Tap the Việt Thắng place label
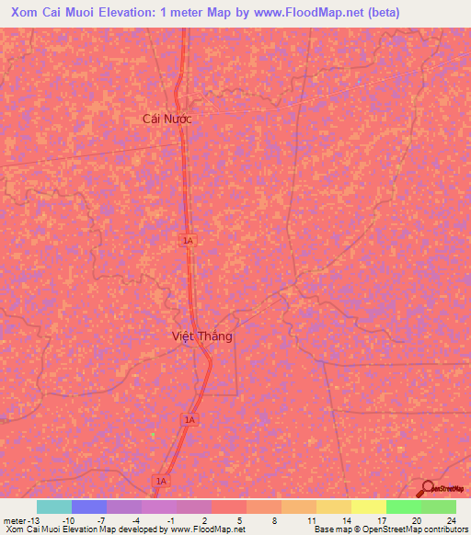pos(202,336)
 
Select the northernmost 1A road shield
pos(188,240)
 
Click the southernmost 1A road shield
pos(162,480)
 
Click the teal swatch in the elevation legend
pos(53,507)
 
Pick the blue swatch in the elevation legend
pos(88,507)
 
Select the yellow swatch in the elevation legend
pos(368,507)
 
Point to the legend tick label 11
pos(311,519)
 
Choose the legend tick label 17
pos(381,519)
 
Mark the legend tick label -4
pos(136,519)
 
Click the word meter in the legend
pos(17,519)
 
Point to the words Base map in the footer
pos(330,529)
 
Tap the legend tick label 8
pos(277,519)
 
